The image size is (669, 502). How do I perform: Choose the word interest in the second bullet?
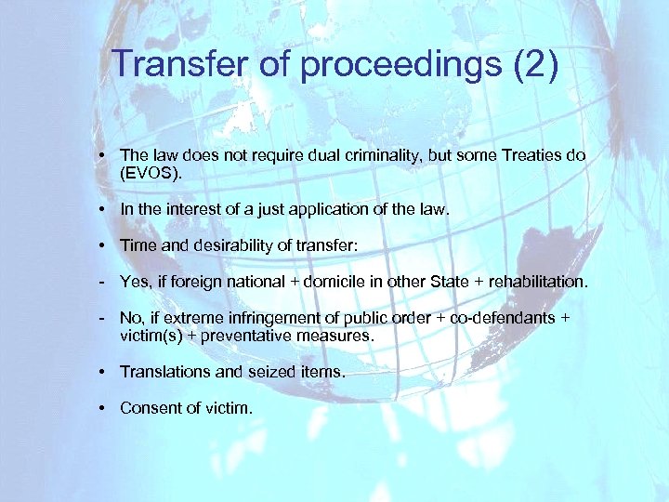point(190,210)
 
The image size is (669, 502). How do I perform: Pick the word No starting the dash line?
point(131,319)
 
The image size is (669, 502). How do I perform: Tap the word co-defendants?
point(501,319)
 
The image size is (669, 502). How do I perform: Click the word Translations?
point(164,372)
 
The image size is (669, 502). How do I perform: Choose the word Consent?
point(149,407)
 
